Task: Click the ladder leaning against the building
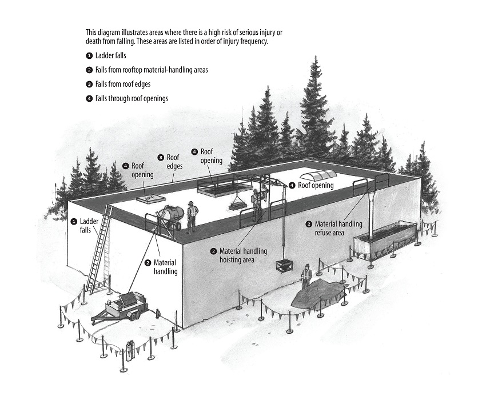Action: click(99, 248)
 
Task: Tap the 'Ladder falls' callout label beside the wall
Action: click(85, 226)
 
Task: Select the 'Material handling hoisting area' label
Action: click(238, 255)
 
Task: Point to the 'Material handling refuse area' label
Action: click(334, 228)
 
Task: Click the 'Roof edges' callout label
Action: click(171, 162)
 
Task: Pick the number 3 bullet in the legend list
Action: click(89, 84)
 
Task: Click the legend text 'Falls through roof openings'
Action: click(132, 98)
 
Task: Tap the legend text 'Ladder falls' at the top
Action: click(111, 56)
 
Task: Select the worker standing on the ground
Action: click(306, 277)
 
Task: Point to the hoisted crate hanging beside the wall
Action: click(285, 267)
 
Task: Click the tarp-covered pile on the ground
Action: click(318, 293)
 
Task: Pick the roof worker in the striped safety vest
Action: click(192, 216)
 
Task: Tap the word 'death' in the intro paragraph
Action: click(93, 41)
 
